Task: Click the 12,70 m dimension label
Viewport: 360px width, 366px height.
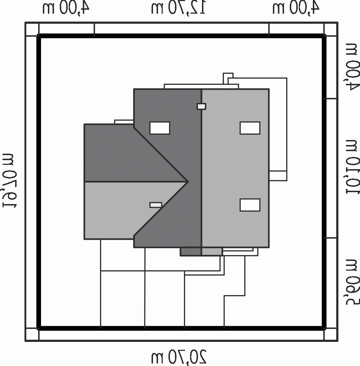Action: click(178, 8)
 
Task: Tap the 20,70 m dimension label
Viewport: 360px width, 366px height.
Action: click(179, 357)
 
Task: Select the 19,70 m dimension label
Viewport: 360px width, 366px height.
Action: click(10, 180)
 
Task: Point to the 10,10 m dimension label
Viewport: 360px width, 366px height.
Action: click(352, 167)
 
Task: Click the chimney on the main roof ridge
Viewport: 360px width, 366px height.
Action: click(201, 107)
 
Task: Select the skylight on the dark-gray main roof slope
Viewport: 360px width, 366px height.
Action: click(160, 128)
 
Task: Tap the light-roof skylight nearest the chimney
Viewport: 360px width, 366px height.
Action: click(250, 128)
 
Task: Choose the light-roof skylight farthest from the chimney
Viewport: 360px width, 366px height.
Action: click(250, 205)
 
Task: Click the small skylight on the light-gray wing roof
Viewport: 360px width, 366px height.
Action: click(156, 205)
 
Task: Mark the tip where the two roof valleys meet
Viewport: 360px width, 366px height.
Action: click(188, 181)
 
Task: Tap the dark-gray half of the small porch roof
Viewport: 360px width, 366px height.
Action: click(191, 252)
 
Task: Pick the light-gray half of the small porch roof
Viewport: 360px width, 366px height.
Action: click(212, 252)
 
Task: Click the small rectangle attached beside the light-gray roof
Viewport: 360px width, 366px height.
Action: click(278, 176)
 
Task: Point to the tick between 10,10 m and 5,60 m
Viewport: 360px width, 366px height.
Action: click(330, 238)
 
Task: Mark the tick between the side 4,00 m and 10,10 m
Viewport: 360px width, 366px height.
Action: click(330, 99)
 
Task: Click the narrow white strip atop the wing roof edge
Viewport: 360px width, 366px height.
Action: click(124, 122)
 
